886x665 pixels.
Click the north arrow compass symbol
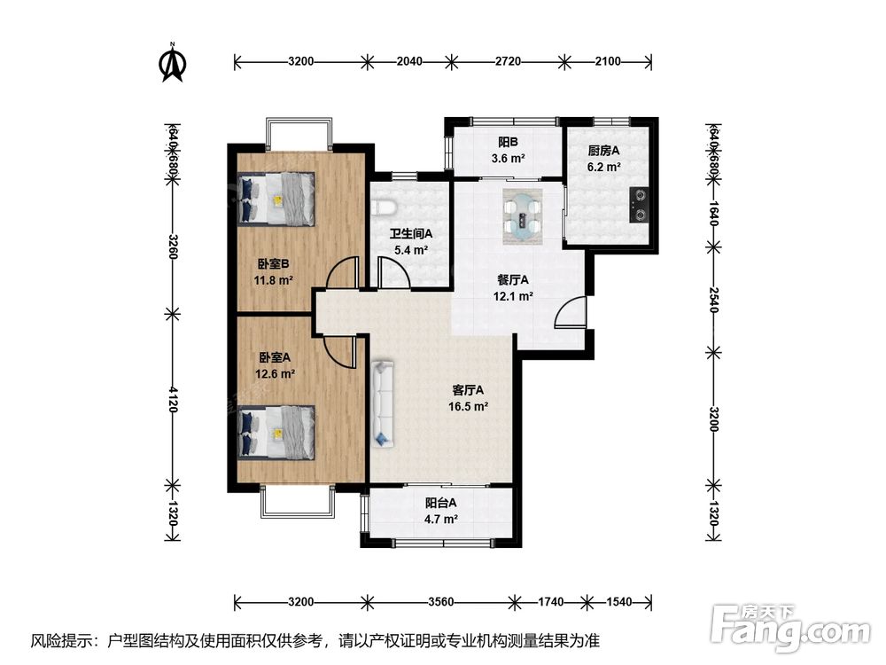[x=173, y=62]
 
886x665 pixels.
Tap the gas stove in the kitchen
[x=639, y=206]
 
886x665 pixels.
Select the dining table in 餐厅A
[x=523, y=216]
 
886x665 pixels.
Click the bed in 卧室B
[x=276, y=199]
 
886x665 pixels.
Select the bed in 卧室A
[x=276, y=433]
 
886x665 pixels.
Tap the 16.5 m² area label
[x=468, y=406]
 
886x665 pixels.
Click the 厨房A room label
[x=603, y=151]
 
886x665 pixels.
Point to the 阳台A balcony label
[x=440, y=502]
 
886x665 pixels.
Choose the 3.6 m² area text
[x=508, y=159]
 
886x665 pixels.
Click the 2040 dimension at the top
[x=409, y=61]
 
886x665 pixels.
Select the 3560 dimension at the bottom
[x=440, y=602]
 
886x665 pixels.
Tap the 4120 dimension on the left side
[x=174, y=399]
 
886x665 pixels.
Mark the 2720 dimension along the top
[x=508, y=61]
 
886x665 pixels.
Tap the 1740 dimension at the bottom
[x=550, y=602]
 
